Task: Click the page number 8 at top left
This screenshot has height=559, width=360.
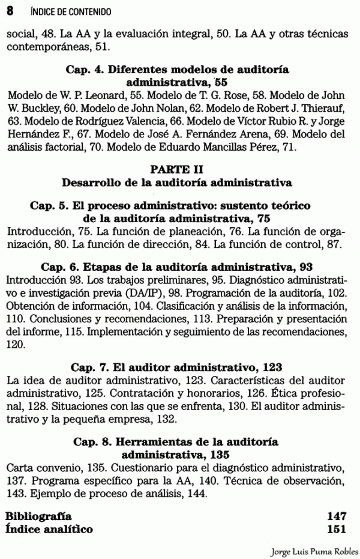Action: pos(9,11)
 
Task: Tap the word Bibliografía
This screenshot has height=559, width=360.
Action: pos(38,516)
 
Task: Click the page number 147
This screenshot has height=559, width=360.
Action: pos(338,516)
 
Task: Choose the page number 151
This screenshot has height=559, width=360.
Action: pos(338,529)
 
